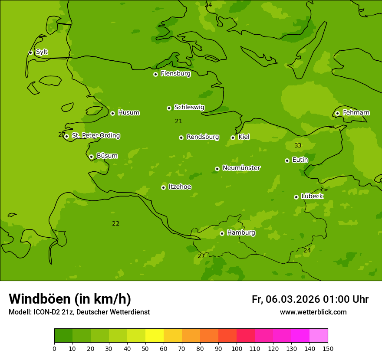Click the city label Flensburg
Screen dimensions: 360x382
point(175,74)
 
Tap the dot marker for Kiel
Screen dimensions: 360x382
point(233,137)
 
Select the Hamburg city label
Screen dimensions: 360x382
point(241,233)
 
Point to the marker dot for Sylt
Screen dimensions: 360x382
point(30,52)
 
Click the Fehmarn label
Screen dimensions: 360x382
point(356,113)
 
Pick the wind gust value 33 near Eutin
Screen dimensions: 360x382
point(298,145)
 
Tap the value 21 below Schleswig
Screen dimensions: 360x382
point(178,121)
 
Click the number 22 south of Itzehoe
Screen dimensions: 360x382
point(115,223)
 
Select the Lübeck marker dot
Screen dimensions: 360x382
point(296,197)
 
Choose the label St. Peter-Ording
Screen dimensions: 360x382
point(95,136)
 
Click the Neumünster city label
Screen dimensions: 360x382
point(241,168)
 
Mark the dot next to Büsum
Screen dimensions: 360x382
point(91,157)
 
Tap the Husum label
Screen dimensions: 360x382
point(128,113)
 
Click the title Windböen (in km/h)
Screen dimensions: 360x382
point(70,299)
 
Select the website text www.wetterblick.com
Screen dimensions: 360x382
point(313,312)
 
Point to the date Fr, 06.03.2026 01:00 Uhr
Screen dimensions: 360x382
point(310,299)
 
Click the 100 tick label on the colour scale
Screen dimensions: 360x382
point(237,348)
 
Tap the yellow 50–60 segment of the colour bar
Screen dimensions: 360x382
point(155,336)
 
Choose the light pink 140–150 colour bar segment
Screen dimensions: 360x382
point(319,336)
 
